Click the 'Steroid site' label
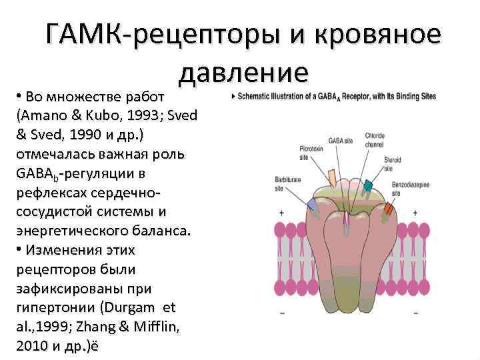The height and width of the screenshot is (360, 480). pos(393,164)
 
